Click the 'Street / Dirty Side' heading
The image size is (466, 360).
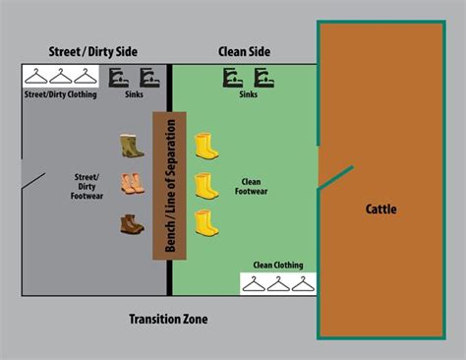point(93,52)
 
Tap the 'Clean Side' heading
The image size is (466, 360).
point(245,52)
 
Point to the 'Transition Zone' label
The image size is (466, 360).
point(168,319)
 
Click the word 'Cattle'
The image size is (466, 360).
point(381,210)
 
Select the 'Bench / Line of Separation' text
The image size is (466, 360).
point(170,186)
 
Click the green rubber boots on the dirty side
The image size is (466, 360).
point(132,146)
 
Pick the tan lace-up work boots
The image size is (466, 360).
point(133,184)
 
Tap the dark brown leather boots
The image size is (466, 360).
point(132,224)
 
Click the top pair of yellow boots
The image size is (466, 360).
point(206,147)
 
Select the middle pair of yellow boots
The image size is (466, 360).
point(206,186)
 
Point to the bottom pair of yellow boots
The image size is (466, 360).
point(206,223)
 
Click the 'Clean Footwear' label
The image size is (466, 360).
point(251,187)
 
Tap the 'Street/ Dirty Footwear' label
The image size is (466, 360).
point(87,187)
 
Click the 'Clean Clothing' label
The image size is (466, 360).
point(278,265)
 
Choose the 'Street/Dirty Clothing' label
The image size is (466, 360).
point(61,94)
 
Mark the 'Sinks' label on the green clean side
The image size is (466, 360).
point(248,94)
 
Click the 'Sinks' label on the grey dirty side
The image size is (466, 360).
point(134,94)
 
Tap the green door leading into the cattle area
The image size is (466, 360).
point(335,178)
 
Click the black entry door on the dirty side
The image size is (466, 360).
point(33,181)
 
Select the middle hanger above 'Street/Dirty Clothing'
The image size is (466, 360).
point(61,76)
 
